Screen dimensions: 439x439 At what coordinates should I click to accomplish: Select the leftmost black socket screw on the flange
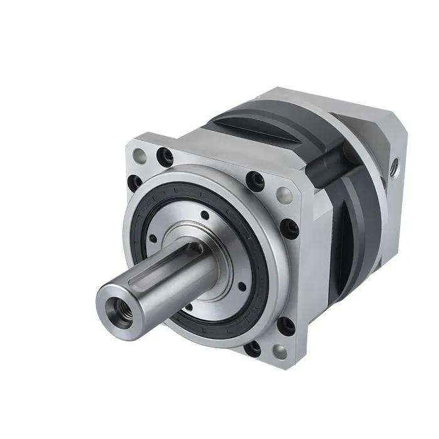pos(133,183)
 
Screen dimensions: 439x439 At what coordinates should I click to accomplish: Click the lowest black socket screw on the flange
pos(253,348)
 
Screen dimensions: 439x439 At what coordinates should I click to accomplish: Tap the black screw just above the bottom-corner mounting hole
pos(285,324)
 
